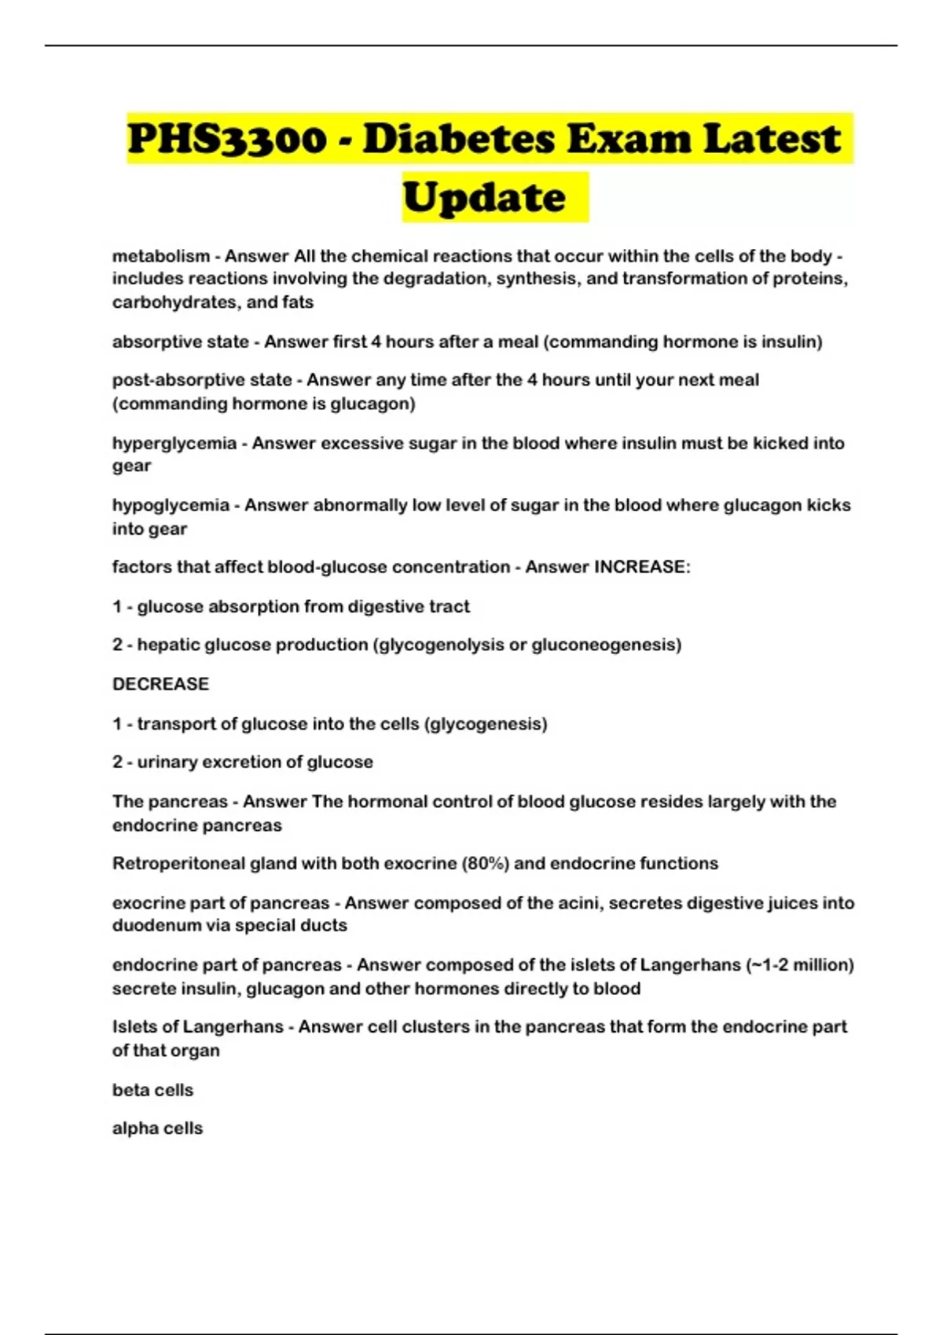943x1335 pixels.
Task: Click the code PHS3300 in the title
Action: [x=226, y=139]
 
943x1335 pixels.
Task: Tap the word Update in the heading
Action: [x=484, y=197]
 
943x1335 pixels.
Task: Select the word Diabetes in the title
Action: [x=460, y=139]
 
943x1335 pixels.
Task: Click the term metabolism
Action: [x=161, y=256]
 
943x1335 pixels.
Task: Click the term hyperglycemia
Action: [x=174, y=444]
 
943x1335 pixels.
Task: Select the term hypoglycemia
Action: [x=171, y=506]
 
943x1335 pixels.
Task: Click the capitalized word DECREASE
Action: [x=160, y=684]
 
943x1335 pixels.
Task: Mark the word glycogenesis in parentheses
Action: [x=485, y=724]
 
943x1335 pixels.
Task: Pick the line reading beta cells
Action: [x=152, y=1090]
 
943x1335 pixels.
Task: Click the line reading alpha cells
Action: [x=157, y=1128]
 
